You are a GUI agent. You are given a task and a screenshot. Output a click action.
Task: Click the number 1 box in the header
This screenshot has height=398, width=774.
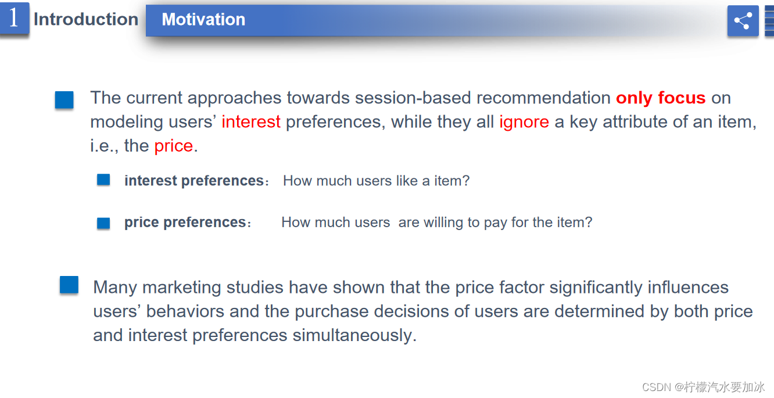point(14,18)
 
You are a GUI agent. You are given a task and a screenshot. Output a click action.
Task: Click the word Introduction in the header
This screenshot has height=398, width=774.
point(86,19)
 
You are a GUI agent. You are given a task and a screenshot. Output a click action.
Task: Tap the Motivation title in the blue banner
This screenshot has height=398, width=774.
point(203,19)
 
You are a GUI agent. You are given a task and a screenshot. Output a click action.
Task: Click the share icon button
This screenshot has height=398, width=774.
point(743,21)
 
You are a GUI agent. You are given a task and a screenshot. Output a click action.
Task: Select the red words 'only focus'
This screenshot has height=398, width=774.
point(661,98)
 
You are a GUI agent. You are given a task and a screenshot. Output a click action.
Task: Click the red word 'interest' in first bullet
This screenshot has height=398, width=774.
point(251,122)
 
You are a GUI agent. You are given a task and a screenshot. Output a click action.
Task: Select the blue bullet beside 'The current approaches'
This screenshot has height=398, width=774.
point(64,100)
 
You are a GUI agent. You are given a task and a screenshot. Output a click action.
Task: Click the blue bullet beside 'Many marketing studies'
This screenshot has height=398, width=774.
point(69,285)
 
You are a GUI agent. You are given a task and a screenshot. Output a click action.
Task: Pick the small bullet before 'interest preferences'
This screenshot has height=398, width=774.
point(103,180)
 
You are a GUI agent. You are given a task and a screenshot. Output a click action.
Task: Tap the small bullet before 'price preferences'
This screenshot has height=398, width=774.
point(103,223)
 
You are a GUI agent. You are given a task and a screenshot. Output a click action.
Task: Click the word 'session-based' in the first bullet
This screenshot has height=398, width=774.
point(413,98)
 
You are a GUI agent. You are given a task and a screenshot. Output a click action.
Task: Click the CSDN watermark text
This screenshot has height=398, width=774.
point(703,388)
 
